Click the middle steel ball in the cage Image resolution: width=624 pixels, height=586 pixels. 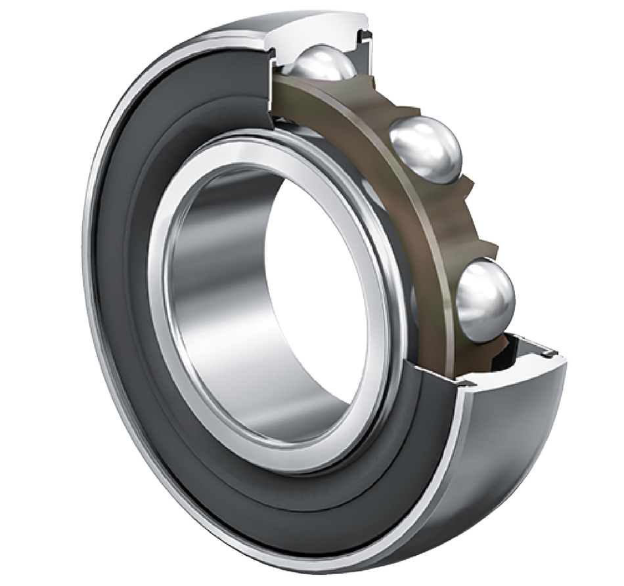[426, 149]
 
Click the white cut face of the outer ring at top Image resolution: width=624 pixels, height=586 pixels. [315, 33]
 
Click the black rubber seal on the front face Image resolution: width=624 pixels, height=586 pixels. [131, 262]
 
